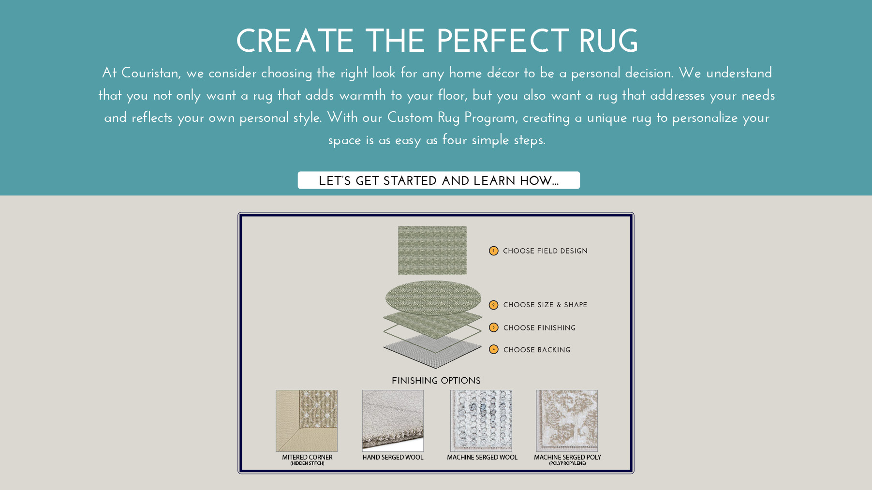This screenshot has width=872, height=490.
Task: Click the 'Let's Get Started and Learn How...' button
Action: [x=439, y=180]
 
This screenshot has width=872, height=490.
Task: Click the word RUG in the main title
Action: [x=608, y=41]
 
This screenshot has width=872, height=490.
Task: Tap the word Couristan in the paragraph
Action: [x=150, y=73]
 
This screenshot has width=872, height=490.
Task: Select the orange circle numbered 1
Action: [x=493, y=251]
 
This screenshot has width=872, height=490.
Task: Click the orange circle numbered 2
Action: [x=493, y=305]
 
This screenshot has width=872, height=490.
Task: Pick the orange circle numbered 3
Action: [x=493, y=327]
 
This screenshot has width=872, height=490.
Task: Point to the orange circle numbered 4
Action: [x=493, y=349]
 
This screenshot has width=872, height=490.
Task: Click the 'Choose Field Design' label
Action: [x=545, y=251]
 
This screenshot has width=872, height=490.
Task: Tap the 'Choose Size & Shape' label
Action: [x=545, y=305]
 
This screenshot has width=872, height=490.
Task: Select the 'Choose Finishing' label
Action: [x=539, y=328]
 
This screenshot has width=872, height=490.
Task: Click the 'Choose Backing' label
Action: [x=537, y=350]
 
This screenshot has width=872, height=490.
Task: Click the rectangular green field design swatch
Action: [x=432, y=251]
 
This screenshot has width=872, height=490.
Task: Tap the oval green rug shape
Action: [x=433, y=298]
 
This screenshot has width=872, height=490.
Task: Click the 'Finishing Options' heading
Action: [x=436, y=381]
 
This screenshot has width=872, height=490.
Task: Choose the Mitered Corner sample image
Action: [x=307, y=421]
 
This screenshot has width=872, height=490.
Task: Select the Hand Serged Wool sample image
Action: [x=393, y=421]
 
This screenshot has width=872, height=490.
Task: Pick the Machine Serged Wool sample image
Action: [x=481, y=421]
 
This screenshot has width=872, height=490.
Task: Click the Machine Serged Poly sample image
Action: [x=567, y=421]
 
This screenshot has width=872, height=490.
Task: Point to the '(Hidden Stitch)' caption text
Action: [x=307, y=463]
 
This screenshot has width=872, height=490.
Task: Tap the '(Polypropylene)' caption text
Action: [x=567, y=463]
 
